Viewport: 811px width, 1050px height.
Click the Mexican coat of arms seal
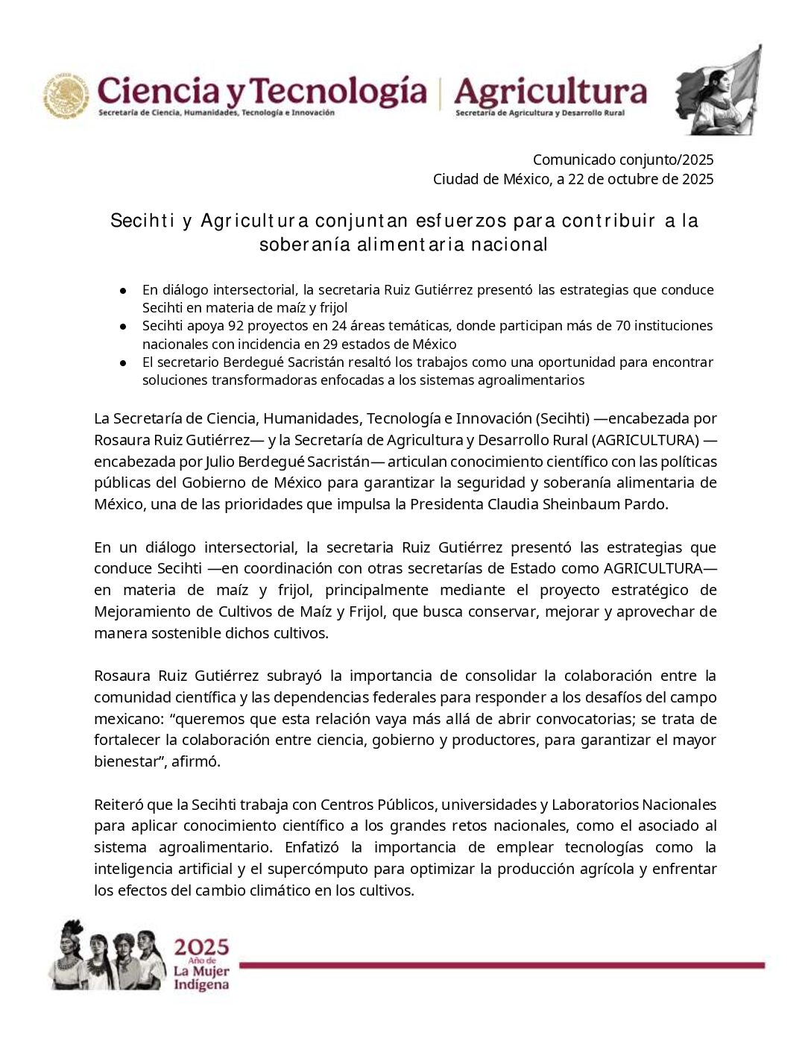point(66,95)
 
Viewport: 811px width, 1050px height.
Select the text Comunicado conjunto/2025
point(623,160)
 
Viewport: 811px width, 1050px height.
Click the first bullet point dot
point(123,290)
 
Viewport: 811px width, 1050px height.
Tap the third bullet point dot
point(123,362)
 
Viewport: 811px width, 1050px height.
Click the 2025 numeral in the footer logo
point(201,947)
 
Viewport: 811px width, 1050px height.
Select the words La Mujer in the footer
point(201,971)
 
